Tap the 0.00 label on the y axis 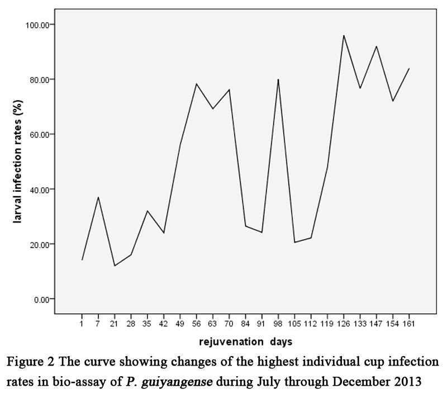pos(42,299)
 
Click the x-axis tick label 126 pos(344,323)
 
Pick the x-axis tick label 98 pos(278,323)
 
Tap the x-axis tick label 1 pos(82,323)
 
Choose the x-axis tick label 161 pos(409,323)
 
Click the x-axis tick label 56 pos(196,323)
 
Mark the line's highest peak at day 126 pos(344,35)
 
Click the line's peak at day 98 pos(278,79)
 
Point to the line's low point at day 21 pos(115,265)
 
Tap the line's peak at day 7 pos(98,197)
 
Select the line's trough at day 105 pos(294,242)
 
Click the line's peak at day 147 pos(377,46)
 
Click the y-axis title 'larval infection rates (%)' pos(18,162)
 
